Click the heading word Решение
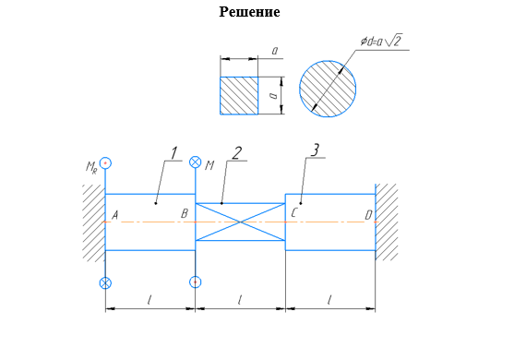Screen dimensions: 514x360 249,12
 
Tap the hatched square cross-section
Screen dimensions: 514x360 239,96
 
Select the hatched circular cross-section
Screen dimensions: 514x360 328,89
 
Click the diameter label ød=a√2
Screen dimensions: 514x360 381,41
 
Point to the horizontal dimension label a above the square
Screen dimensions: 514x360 275,51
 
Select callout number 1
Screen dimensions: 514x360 173,153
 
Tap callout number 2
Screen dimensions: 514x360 236,153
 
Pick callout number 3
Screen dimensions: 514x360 315,150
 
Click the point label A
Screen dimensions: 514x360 115,215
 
